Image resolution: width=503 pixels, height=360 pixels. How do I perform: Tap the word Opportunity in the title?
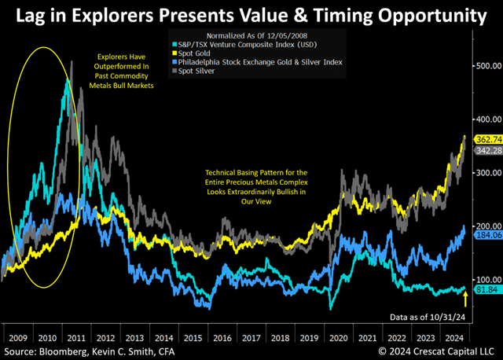(428, 14)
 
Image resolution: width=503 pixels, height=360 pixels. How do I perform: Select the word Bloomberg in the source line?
(73, 347)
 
